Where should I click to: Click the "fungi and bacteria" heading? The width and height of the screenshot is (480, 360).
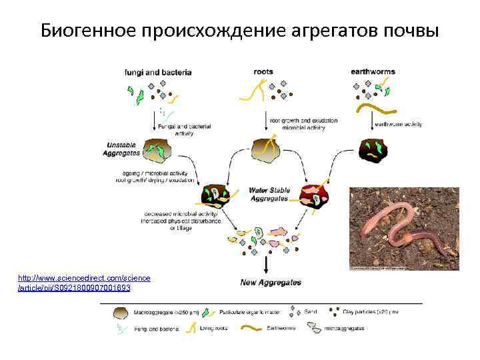tap(158, 71)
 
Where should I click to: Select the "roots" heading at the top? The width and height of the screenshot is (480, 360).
tap(264, 71)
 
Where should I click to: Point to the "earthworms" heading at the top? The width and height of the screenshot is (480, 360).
tap(373, 71)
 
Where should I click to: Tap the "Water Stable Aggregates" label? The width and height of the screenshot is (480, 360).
tap(269, 193)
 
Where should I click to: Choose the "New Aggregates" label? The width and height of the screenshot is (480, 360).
tap(271, 283)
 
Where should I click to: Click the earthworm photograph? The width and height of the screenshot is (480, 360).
tap(404, 229)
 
